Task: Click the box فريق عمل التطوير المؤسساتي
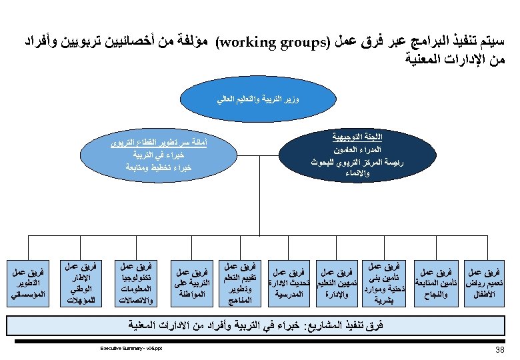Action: pyautogui.click(x=28, y=283)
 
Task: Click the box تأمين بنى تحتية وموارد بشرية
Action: pyautogui.click(x=382, y=283)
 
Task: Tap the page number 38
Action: pyautogui.click(x=501, y=349)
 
